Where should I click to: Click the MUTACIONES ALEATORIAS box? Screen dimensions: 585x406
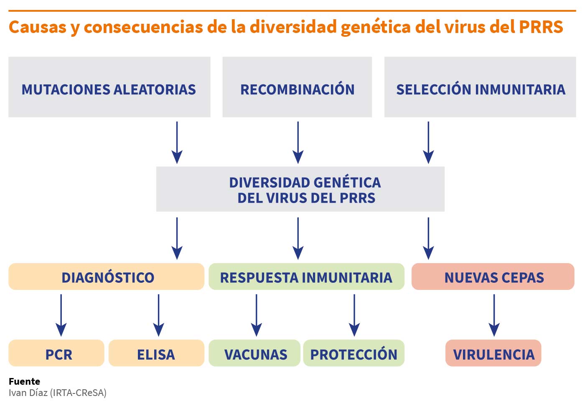tap(109, 87)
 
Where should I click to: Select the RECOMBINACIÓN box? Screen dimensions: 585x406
tap(297, 87)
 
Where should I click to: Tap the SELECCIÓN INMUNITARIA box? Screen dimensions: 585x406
tap(480, 87)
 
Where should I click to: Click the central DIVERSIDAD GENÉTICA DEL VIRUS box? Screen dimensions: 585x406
tap(300, 189)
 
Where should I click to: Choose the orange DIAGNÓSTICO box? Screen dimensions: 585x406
tap(106, 277)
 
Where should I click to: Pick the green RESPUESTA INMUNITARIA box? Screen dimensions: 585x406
tap(307, 277)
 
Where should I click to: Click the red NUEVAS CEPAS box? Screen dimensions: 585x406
tap(493, 277)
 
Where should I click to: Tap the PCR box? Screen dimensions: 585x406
tap(56, 353)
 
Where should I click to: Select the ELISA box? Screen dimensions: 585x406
tap(156, 353)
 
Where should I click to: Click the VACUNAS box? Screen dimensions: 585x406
tap(254, 353)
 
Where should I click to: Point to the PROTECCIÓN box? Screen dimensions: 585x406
tap(354, 353)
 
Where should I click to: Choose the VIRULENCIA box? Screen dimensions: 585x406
tap(493, 353)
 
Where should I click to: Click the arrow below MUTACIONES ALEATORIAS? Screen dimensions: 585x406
tap(177, 142)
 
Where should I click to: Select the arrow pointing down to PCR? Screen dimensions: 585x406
tap(61, 315)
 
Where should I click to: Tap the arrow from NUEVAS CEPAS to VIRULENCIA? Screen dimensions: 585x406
tap(494, 315)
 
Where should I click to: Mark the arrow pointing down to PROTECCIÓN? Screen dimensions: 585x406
tap(354, 315)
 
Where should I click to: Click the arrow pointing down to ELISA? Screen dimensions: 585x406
tap(158, 315)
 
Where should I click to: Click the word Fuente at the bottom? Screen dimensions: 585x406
tap(24, 381)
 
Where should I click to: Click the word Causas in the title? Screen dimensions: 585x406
tap(38, 27)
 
